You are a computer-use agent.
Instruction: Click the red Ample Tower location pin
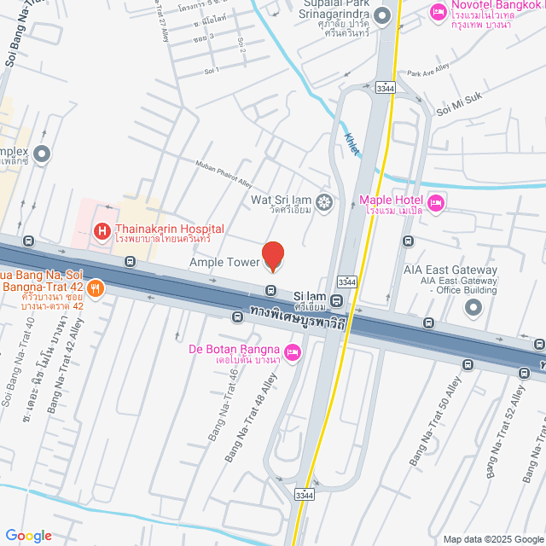[x=272, y=255]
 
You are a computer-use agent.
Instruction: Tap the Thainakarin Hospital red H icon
[x=102, y=230]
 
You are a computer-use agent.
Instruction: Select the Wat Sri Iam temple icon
[x=324, y=202]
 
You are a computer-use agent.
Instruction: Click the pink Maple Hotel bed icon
[x=436, y=202]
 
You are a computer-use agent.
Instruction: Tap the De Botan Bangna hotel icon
[x=293, y=351]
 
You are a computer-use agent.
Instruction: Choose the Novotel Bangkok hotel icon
[x=438, y=12]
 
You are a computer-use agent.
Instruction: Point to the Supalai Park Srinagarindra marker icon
[x=382, y=15]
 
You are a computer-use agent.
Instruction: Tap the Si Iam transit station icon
[x=337, y=300]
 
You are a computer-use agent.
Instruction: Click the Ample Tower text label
[x=224, y=262]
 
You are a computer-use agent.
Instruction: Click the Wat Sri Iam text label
[x=281, y=200]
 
